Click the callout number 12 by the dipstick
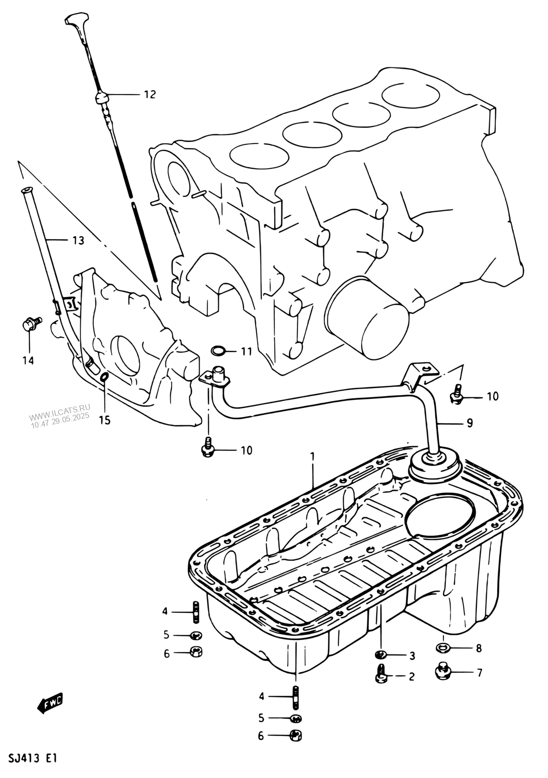coord(150,94)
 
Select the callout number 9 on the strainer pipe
coord(469,423)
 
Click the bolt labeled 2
coord(382,676)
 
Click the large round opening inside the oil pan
coord(439,520)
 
